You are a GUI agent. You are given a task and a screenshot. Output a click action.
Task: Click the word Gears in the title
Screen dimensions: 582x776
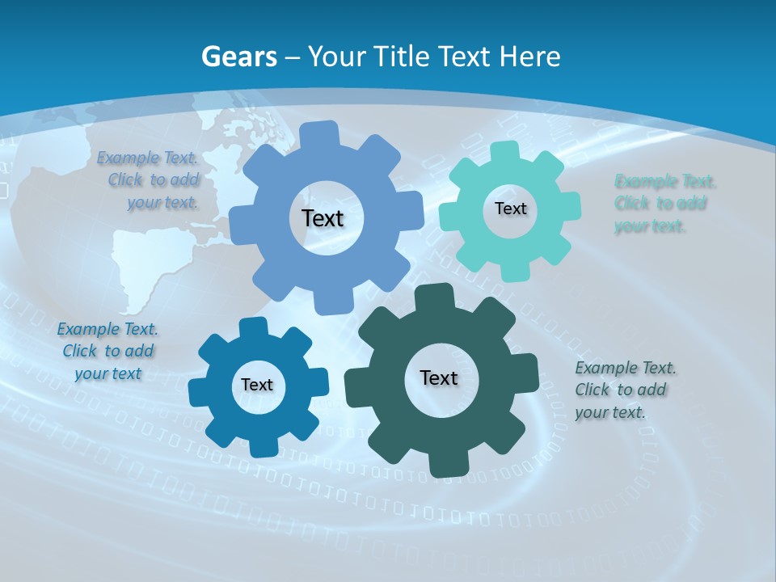click(x=238, y=57)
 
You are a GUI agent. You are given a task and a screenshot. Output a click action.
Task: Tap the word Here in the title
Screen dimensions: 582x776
click(x=529, y=57)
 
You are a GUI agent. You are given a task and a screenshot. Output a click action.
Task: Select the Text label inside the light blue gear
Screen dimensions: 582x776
click(x=323, y=218)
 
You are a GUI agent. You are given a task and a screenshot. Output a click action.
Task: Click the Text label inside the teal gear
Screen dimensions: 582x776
click(x=510, y=209)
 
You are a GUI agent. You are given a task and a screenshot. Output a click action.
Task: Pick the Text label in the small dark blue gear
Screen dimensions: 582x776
click(x=257, y=386)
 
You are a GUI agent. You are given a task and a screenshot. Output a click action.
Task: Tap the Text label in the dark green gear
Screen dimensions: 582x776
click(x=439, y=377)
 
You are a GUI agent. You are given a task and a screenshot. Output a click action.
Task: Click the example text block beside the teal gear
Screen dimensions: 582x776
click(x=664, y=203)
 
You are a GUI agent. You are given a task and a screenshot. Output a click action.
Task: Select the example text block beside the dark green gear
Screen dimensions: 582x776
click(x=625, y=390)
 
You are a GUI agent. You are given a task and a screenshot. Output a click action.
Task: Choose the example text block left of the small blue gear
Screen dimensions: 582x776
click(x=108, y=351)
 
